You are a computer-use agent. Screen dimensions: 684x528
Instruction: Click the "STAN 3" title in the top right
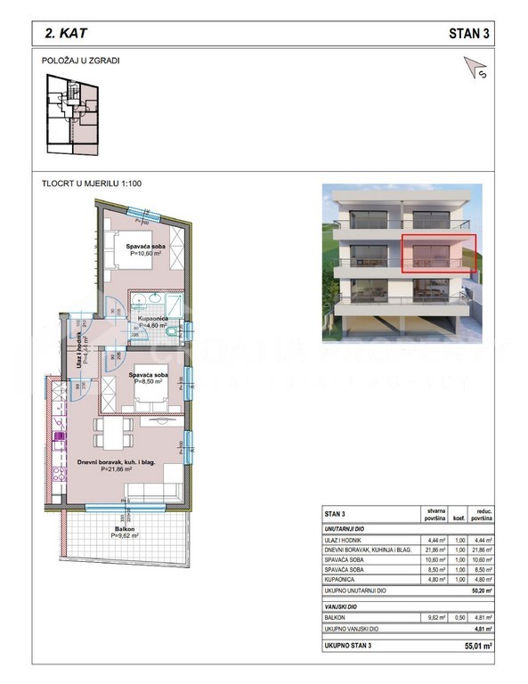468,33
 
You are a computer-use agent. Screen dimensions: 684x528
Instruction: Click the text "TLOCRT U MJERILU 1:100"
92,183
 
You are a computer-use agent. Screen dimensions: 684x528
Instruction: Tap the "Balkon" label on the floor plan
125,528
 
